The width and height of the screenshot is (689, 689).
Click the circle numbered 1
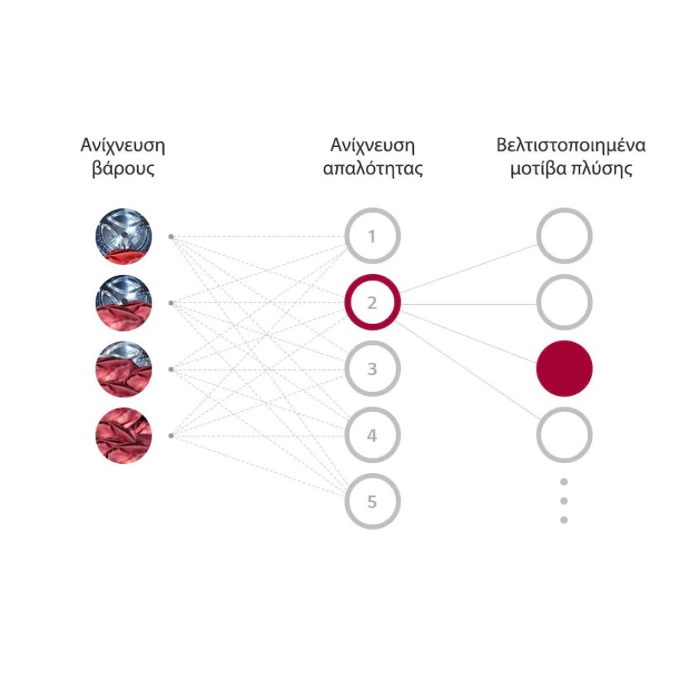point(372,237)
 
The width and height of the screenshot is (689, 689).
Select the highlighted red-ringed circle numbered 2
point(372,303)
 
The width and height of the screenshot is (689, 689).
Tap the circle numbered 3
point(372,369)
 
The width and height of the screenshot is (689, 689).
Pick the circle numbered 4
point(372,436)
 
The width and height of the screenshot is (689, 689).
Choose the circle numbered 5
point(372,502)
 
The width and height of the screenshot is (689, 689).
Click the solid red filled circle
point(564,369)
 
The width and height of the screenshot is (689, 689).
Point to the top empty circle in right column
point(564,237)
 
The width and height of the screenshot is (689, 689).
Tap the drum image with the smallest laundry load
point(124,237)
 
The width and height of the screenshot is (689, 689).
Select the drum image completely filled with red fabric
point(124,436)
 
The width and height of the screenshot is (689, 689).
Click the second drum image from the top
point(124,303)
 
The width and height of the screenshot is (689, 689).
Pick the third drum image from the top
point(124,369)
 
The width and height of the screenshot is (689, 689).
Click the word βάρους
point(123,169)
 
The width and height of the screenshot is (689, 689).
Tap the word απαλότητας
point(373,169)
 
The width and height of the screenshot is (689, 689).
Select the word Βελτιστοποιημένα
point(571,145)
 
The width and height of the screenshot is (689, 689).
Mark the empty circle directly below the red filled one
point(564,436)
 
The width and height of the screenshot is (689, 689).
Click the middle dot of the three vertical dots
point(564,501)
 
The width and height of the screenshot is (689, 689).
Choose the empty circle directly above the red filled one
point(564,303)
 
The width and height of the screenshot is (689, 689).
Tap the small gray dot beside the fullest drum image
point(171,436)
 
